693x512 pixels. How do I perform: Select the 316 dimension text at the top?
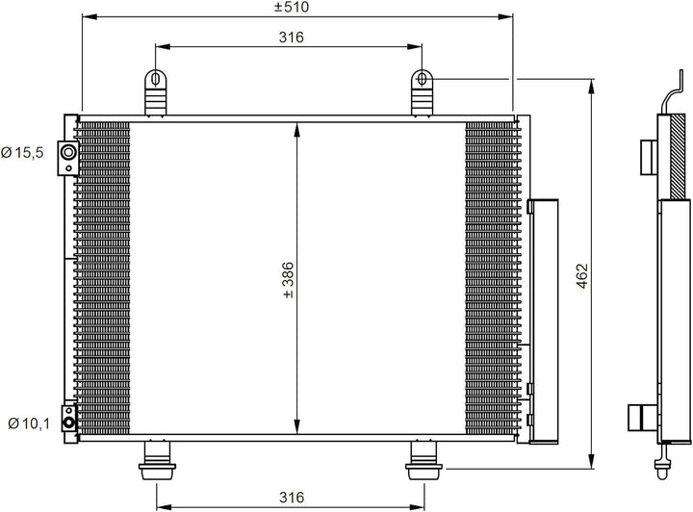point(292,38)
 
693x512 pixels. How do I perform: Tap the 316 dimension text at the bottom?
point(292,498)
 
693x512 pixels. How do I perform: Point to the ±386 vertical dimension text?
point(287,280)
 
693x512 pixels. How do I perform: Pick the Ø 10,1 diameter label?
point(27,422)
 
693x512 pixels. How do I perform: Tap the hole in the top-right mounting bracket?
point(423,78)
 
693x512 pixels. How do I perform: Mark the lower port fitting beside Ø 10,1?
point(67,419)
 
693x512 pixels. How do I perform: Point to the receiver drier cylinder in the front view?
point(543,318)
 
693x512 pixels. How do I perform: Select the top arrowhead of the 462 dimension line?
point(589,84)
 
